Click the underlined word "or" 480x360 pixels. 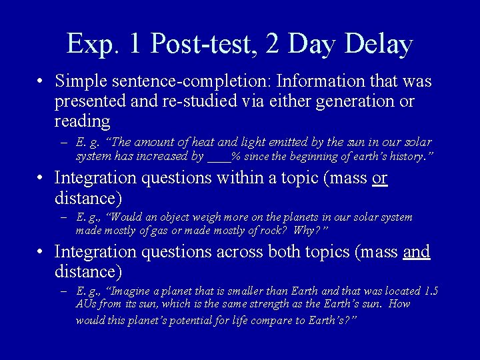[x=380, y=179]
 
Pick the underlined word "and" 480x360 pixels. [x=417, y=252]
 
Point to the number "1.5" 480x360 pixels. [x=431, y=291]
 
